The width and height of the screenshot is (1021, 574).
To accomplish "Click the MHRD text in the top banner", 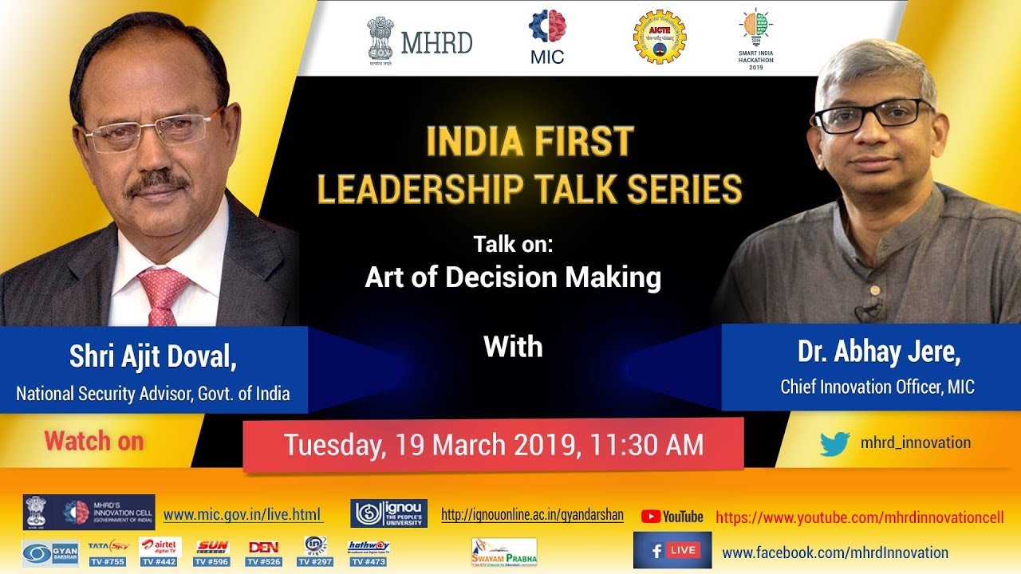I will [x=436, y=41].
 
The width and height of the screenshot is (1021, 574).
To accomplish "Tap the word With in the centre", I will [x=513, y=347].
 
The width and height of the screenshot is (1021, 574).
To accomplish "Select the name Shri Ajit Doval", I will [x=152, y=356].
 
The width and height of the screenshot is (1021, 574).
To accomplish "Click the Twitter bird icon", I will [x=834, y=443].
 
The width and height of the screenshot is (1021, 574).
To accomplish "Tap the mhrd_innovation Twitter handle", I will [x=915, y=442].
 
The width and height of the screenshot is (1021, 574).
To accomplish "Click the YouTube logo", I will [x=672, y=517].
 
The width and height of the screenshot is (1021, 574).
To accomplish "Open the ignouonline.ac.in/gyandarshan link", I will [x=532, y=515].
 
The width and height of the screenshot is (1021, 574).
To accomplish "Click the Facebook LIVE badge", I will [x=672, y=550].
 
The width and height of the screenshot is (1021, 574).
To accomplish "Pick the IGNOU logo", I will [x=388, y=513].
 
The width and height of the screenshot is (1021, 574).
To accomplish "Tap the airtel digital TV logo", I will [x=160, y=546].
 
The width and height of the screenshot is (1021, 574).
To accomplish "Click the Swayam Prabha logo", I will [x=503, y=551].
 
